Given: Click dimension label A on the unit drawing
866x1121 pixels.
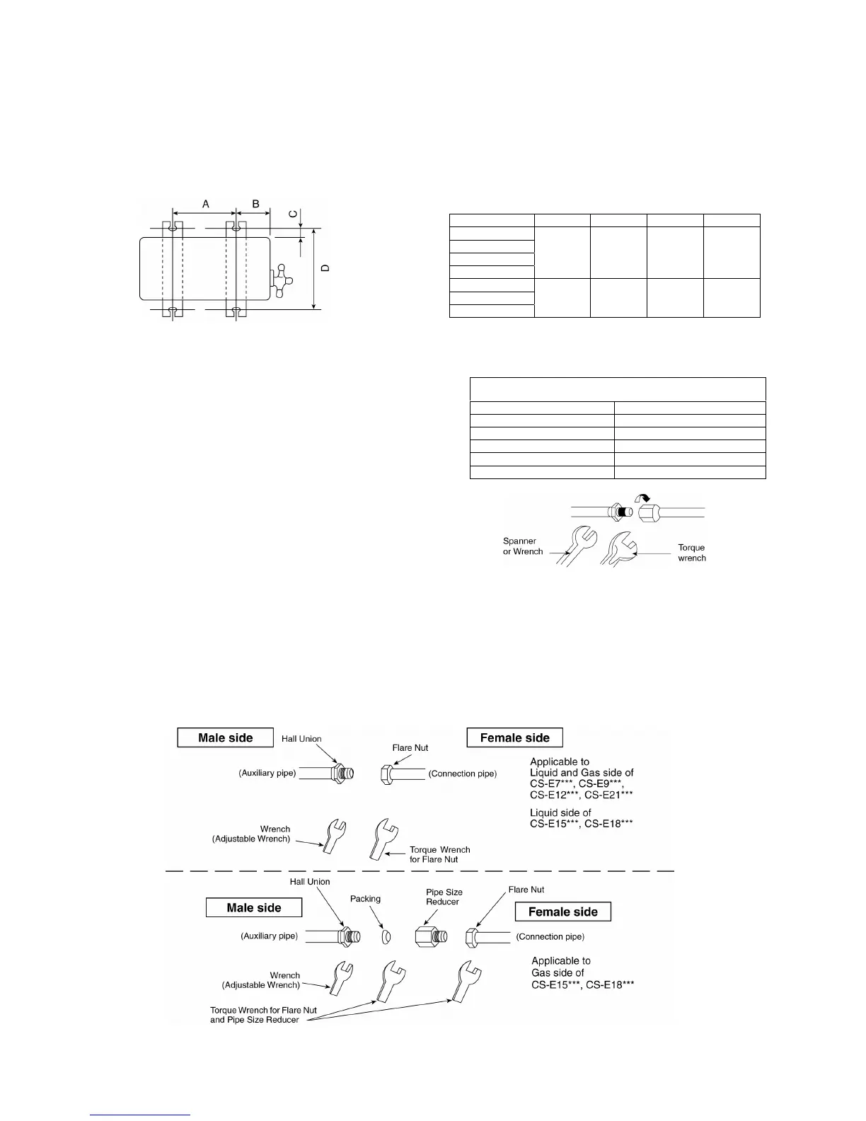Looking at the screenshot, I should point(206,204).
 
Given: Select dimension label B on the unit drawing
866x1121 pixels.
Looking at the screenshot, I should point(255,204).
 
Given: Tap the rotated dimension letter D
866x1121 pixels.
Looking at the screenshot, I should point(325,268).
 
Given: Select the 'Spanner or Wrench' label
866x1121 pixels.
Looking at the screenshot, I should point(522,546).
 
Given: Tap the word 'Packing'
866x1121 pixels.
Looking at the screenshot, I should point(365,899).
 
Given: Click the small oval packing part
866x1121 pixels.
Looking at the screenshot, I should point(386,937).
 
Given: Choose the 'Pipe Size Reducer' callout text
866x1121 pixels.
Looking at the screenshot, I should point(444,897).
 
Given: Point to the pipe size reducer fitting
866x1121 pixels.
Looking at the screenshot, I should point(430,936).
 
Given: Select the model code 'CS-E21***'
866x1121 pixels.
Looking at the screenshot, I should point(608,795).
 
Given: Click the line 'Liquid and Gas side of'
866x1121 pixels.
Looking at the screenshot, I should point(582,773).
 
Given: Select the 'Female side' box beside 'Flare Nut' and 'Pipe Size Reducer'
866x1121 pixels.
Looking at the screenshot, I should point(562,912).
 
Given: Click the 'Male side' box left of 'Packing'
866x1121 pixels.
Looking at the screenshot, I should point(253,907).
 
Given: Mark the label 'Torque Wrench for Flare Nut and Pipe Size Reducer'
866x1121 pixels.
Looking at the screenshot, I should point(263,1015).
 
